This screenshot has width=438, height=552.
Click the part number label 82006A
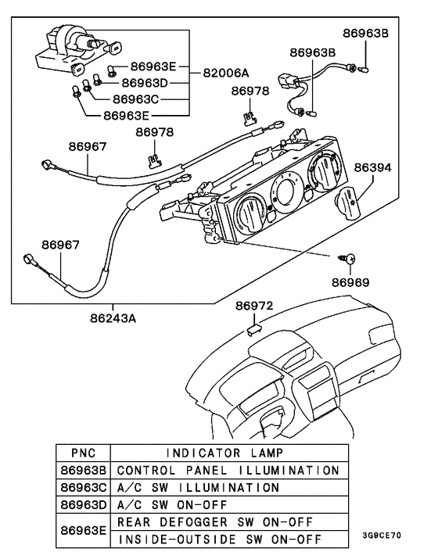point(226,73)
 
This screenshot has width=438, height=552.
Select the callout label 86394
point(372,167)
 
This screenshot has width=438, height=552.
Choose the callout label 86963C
point(135,99)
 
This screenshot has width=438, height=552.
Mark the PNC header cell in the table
point(82,453)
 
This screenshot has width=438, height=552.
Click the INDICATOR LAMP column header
point(226,453)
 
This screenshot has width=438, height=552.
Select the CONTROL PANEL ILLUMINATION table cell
point(226,470)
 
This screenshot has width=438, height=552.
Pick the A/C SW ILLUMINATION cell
point(226,487)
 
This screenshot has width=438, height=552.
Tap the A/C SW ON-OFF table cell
point(226,504)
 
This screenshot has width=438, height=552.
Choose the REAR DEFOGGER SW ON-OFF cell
point(226,522)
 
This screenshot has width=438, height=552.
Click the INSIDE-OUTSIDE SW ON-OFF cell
point(226,539)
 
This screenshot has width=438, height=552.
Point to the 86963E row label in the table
point(82,530)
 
